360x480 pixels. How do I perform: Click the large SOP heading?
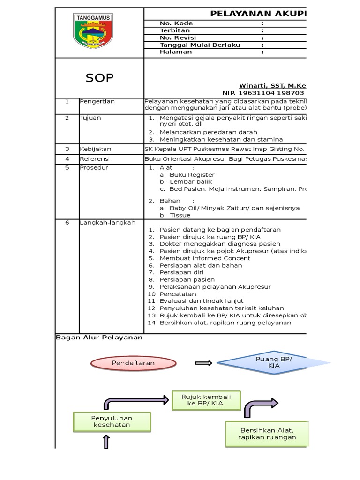pos(99,78)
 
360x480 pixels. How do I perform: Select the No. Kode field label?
pos(176,23)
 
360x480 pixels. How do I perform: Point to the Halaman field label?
pos(176,52)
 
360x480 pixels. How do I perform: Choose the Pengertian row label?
pos(97,101)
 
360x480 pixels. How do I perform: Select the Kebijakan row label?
pos(95,149)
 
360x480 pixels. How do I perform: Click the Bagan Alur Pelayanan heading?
pos(99,337)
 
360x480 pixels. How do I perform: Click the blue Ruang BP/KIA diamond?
pos(274,362)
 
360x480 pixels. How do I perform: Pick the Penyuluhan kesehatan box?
pos(112,421)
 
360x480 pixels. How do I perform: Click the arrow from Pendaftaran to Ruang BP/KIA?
pos(203,363)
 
